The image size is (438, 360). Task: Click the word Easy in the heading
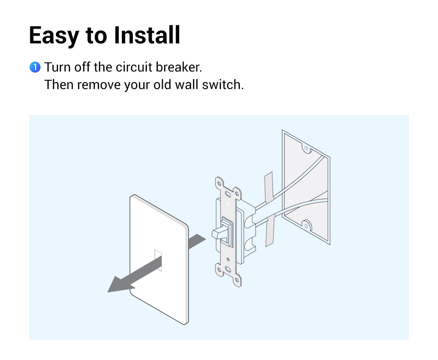point(54,36)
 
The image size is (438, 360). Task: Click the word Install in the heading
point(147,35)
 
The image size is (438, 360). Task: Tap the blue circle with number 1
point(35,67)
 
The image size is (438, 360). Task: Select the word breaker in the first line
point(178,67)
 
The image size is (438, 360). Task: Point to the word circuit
point(134,67)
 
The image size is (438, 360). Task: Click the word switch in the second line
point(223,85)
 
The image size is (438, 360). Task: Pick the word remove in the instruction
point(99,85)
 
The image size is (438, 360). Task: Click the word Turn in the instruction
point(58,67)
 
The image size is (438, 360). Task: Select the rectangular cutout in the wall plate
point(158,260)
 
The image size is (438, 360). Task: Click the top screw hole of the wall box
point(306,148)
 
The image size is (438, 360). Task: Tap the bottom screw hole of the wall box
point(306,226)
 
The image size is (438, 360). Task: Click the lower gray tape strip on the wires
point(270,231)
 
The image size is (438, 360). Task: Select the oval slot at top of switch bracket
point(228,194)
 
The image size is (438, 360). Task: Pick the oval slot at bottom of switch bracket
point(228,269)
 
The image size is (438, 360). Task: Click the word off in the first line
point(82,67)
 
